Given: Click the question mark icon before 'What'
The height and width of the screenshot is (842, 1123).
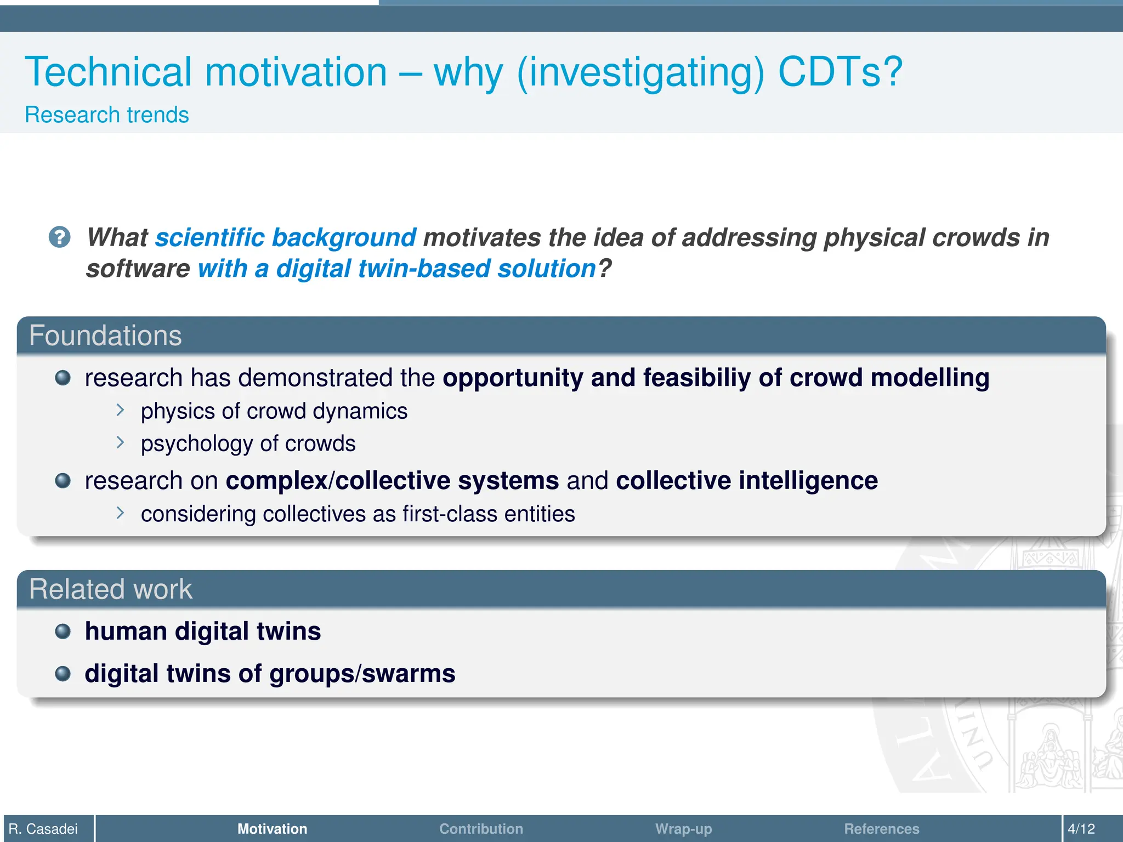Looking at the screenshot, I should click(59, 237).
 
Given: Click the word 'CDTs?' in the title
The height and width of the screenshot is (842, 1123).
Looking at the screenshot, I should click(840, 72).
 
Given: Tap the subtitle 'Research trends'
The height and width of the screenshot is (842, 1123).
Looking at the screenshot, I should click(107, 115).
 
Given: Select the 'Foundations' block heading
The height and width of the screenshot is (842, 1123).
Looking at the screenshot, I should click(105, 335).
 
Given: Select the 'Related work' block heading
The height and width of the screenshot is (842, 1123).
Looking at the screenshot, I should click(111, 589).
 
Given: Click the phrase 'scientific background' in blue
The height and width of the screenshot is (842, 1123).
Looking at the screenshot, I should click(286, 237).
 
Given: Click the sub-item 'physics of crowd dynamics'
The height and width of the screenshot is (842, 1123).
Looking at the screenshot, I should click(274, 411).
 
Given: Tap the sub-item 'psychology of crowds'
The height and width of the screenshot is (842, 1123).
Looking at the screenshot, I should click(248, 443).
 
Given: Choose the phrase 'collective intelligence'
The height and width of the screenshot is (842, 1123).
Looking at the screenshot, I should click(746, 481).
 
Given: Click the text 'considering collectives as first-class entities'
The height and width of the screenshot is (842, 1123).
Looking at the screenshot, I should click(358, 514).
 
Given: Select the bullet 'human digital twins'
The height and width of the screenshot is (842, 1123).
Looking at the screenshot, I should click(202, 631).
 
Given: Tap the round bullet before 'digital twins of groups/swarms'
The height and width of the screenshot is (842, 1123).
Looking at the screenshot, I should click(63, 674).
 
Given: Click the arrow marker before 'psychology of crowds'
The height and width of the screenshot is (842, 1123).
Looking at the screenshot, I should click(121, 442).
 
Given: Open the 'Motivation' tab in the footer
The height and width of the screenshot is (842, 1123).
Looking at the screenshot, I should click(272, 829).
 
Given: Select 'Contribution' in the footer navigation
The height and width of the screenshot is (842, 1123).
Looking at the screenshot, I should click(481, 829).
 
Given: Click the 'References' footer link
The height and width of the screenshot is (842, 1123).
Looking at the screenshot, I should click(881, 829).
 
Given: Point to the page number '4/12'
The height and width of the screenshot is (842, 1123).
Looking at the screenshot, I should click(1081, 829).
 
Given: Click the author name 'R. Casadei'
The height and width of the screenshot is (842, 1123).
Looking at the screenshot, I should click(43, 829).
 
